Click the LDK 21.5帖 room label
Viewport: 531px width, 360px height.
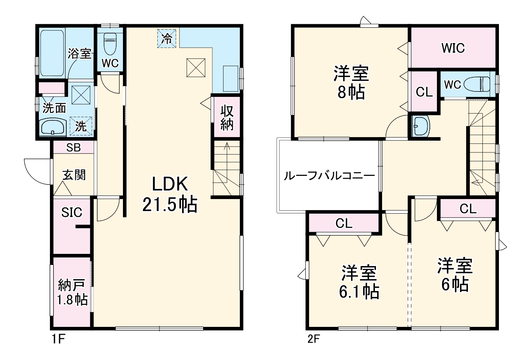pos(170,194)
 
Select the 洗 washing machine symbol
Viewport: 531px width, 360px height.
pos(81,126)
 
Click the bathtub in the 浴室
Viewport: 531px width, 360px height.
pos(52,53)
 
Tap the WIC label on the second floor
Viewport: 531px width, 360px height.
pos(453,48)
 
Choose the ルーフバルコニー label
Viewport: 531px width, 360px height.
pos(329,176)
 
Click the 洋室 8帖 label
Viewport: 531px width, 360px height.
pos(351,83)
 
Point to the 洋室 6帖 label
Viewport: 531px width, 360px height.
pos(455,275)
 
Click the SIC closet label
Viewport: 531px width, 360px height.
pos(72,213)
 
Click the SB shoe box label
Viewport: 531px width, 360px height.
pos(74,147)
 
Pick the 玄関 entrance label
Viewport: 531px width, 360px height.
pos(74,175)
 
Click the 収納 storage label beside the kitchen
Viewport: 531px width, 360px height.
pos(227,118)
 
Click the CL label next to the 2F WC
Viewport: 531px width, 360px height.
pos(424,92)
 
